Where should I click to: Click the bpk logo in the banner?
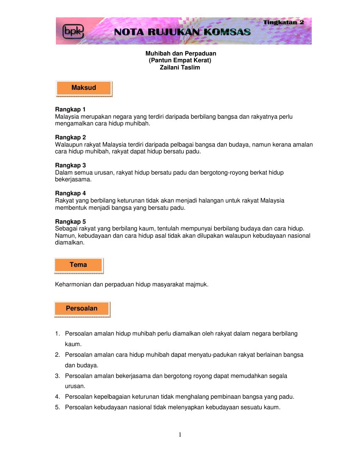coord(73,31)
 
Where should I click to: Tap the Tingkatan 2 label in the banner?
coord(283,22)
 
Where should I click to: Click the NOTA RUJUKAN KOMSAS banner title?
coord(183,32)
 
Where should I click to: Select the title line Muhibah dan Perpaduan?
coord(181,53)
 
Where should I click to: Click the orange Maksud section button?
coord(84,88)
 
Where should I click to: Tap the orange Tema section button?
coord(78,265)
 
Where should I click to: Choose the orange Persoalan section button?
coord(82,309)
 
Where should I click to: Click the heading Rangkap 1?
coord(71,109)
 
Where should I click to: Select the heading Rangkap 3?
coord(71,165)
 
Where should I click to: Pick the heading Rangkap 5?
coord(71,222)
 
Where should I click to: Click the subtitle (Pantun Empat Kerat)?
coord(180,61)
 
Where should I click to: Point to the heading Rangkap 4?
coord(71,193)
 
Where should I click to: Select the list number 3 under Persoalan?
coord(57,376)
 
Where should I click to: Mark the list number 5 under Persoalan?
coord(57,408)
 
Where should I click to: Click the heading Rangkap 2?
coord(71,137)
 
